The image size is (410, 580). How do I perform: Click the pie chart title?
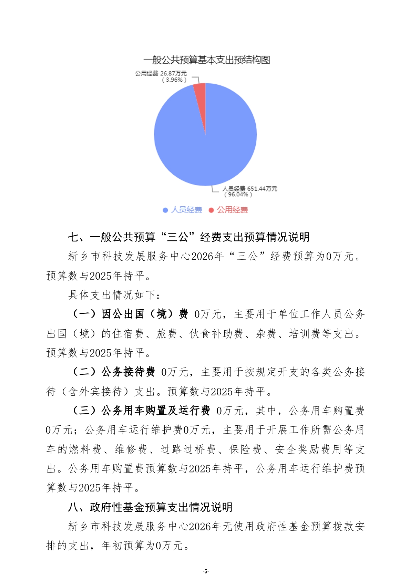(206, 60)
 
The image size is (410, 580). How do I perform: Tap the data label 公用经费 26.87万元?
(161, 73)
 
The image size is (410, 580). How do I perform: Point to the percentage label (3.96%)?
(174, 80)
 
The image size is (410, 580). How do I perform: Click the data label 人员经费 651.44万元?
(249, 188)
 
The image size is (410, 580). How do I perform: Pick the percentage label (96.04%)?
(238, 195)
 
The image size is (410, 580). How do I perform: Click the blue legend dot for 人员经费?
(165, 210)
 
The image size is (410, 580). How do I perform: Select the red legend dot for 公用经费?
(211, 210)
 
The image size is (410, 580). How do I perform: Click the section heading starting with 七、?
(188, 237)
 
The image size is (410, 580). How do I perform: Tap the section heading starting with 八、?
(150, 507)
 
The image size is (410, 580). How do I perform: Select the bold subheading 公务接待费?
(128, 372)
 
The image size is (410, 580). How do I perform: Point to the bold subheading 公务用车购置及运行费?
(156, 411)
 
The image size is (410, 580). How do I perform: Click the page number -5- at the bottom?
(205, 571)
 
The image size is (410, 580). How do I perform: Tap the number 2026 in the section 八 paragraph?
(199, 526)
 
